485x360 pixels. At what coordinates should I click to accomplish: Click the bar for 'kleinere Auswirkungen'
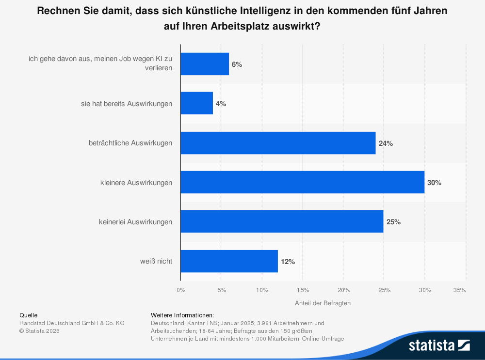click(x=302, y=183)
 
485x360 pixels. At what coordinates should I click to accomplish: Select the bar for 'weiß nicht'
click(x=229, y=262)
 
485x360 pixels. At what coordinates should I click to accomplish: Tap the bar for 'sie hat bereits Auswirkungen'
click(x=196, y=104)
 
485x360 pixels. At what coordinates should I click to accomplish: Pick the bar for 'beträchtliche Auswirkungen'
click(x=278, y=143)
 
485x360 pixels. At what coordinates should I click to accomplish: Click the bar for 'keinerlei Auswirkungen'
click(x=282, y=222)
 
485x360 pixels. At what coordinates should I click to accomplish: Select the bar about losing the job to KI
click(x=205, y=64)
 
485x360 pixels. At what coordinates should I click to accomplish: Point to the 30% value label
click(x=434, y=183)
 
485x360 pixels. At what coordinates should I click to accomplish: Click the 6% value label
click(x=237, y=64)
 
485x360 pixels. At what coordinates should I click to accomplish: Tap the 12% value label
click(x=288, y=262)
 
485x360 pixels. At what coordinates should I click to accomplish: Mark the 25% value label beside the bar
click(x=393, y=222)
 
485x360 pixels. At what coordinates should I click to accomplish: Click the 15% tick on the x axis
click(x=303, y=290)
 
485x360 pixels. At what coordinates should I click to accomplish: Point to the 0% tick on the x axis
click(x=181, y=290)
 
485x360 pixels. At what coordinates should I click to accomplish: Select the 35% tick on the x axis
click(x=459, y=290)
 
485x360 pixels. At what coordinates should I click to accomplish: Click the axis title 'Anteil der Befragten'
click(x=323, y=303)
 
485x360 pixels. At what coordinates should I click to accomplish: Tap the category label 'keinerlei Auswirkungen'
click(x=135, y=222)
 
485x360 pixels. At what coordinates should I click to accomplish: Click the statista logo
click(x=439, y=345)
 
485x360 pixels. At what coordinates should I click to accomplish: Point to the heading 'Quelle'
click(x=28, y=315)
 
